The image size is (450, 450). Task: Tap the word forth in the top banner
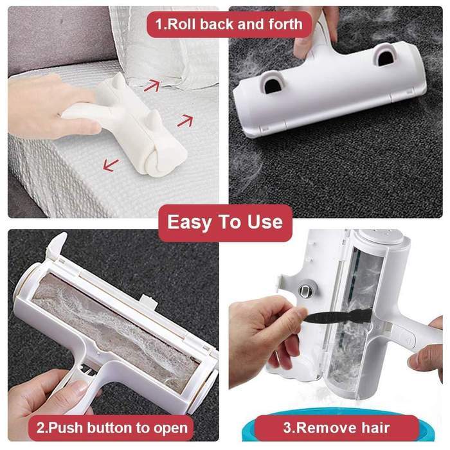point(285,24)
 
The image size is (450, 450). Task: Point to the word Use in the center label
point(265,222)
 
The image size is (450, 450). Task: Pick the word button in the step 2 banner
point(109,428)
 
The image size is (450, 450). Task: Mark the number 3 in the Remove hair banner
point(287,428)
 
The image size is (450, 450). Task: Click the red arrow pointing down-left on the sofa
point(111,166)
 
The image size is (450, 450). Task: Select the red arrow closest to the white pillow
point(152,85)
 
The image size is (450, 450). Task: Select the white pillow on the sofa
point(166,46)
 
